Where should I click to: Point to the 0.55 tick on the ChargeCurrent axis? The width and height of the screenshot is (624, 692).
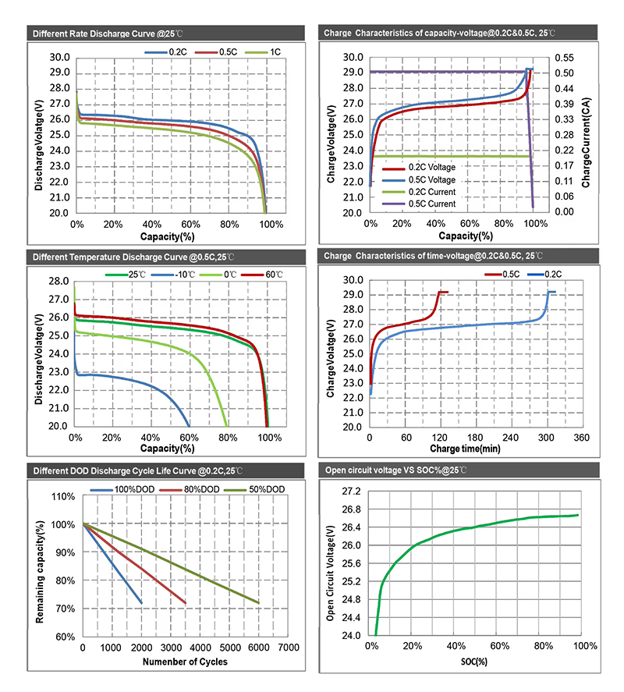tap(562, 58)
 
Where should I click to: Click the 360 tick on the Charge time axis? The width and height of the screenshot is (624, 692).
tap(581, 438)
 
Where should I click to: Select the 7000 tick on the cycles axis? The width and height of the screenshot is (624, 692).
tap(289, 648)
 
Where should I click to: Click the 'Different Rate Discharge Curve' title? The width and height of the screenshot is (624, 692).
tap(110, 34)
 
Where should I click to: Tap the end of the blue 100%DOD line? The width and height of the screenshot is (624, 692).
tap(142, 602)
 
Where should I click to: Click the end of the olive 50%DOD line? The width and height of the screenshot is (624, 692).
tap(258, 602)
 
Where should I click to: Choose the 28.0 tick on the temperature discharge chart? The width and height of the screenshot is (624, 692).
tap(59, 281)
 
